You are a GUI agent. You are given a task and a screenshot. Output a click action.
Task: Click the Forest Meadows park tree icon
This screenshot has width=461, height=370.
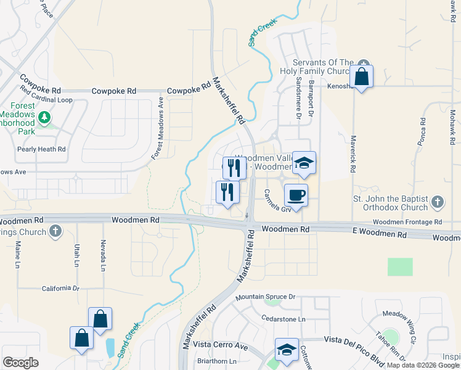point(44,117)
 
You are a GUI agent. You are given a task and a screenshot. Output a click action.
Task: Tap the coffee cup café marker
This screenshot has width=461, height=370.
point(296,195)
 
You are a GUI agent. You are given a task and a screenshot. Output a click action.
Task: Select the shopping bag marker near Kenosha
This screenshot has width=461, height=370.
point(361,77)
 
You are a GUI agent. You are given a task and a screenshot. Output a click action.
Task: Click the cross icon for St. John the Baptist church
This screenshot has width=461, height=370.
point(437,201)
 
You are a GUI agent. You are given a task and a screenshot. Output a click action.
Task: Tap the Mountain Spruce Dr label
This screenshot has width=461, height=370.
point(266,297)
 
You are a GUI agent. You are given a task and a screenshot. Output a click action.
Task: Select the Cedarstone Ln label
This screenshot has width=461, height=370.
point(284,319)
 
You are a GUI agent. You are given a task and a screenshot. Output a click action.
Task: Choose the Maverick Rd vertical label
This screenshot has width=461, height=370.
point(354,154)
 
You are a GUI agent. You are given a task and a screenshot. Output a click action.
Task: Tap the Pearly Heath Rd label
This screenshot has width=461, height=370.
point(41,149)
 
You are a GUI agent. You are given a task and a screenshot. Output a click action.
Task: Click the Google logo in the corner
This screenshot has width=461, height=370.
point(20,363)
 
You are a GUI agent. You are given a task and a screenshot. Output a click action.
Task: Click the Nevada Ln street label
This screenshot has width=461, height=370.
point(104,255)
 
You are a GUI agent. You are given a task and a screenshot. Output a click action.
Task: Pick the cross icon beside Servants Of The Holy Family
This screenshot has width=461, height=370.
point(364,63)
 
